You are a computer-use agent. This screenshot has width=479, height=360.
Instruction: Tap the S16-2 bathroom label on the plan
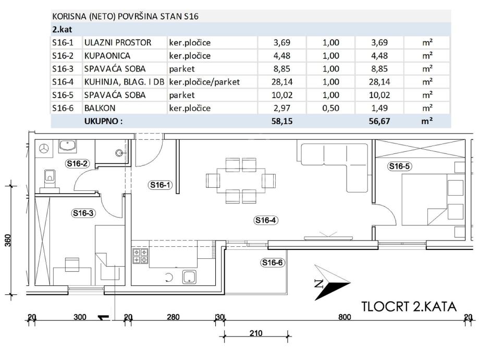(77, 164)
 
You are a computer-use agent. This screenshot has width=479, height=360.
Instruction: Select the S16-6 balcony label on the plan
(272, 262)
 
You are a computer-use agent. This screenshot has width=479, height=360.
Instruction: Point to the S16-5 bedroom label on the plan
(399, 167)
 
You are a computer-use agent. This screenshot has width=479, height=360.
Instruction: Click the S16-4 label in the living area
(265, 220)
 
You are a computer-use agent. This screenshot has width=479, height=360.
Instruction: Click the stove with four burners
(140, 255)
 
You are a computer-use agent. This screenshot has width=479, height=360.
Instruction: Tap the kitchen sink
(188, 277)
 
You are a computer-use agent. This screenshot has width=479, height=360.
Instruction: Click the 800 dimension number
(345, 317)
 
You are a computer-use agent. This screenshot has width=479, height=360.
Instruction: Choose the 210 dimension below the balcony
(256, 333)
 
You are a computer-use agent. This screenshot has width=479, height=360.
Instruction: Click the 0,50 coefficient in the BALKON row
(331, 109)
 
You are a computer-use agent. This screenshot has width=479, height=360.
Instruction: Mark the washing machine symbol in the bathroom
(44, 148)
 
